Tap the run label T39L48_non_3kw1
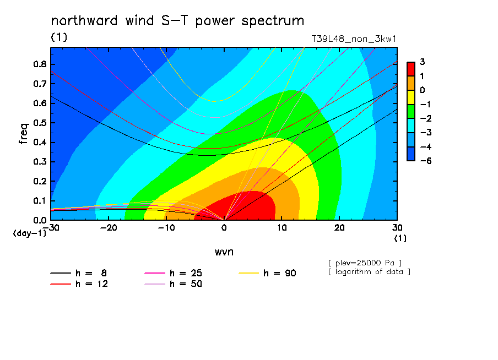pyautogui.click(x=354, y=39)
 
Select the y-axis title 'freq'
pyautogui.click(x=24, y=134)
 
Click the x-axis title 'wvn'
pyautogui.click(x=224, y=252)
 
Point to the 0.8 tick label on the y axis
pyautogui.click(x=40, y=64)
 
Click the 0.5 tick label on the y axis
pyautogui.click(x=40, y=123)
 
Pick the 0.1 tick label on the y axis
pyautogui.click(x=40, y=201)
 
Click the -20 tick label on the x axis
pyautogui.click(x=109, y=228)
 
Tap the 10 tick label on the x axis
pyautogui.click(x=282, y=228)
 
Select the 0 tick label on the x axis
pyautogui.click(x=224, y=228)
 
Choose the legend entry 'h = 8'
pyautogui.click(x=78, y=273)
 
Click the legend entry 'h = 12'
pyautogui.click(x=79, y=283)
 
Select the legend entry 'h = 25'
pyautogui.click(x=173, y=273)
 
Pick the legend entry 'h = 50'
pyautogui.click(x=173, y=283)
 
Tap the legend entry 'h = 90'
pyautogui.click(x=267, y=273)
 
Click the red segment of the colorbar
pyautogui.click(x=411, y=69)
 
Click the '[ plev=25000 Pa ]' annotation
pyautogui.click(x=365, y=263)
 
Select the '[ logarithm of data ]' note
pyautogui.click(x=370, y=272)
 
